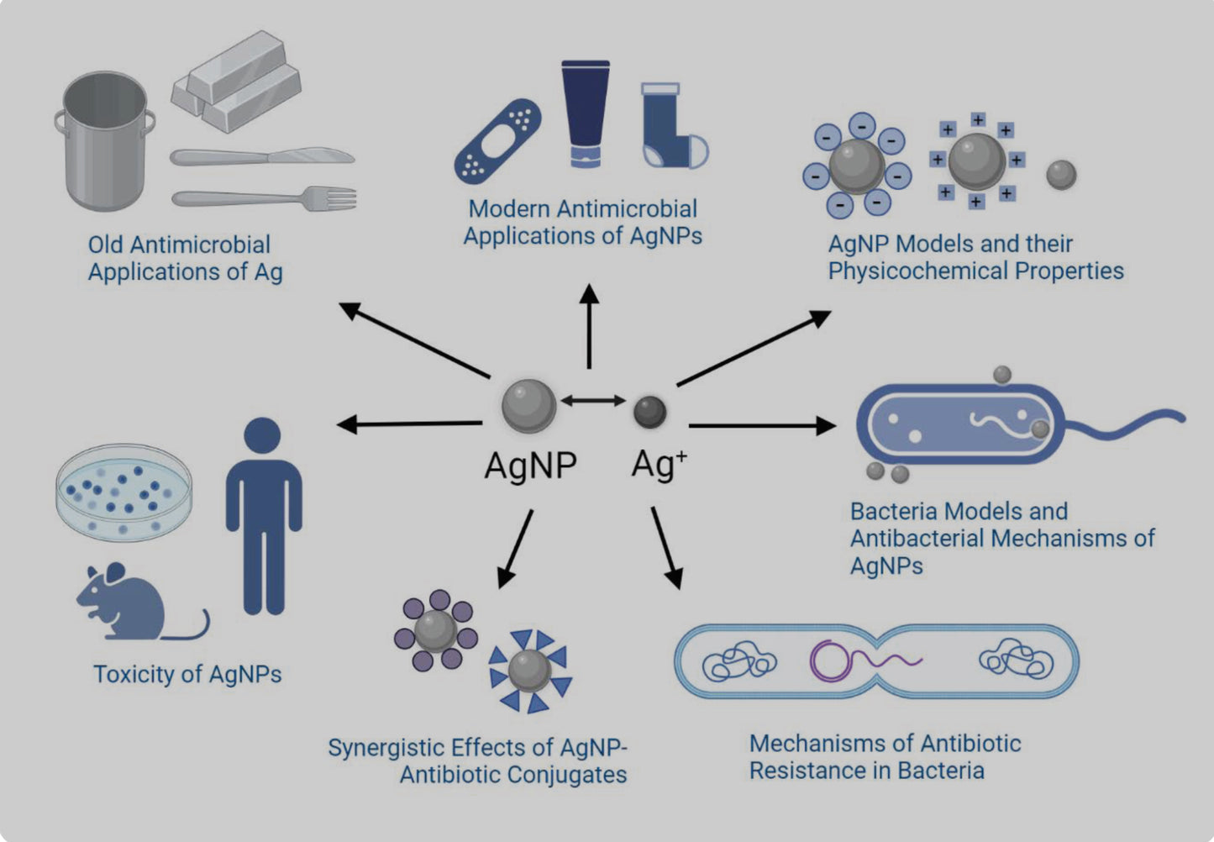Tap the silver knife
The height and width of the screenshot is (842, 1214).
coord(260,157)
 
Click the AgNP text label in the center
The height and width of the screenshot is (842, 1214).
coord(530,465)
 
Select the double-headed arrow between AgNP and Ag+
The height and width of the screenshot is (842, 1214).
coord(593,401)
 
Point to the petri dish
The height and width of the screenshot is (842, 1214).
coord(124,493)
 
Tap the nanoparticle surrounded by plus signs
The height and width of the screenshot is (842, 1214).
coord(976,161)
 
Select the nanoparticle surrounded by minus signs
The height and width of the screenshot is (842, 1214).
coord(856,166)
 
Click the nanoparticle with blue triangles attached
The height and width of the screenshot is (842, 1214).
coord(530,671)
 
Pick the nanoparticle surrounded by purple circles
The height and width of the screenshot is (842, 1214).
coord(435,629)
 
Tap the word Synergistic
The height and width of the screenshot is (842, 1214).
coord(386,748)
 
